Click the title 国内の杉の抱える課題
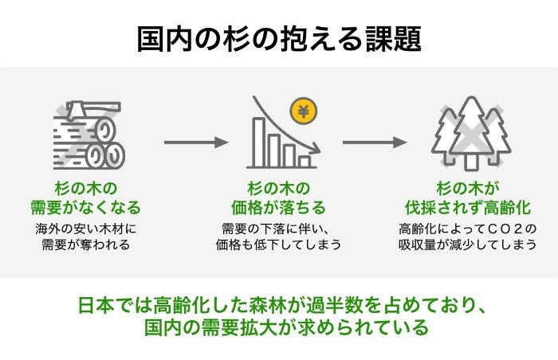pyautogui.click(x=278, y=37)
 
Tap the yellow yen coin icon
pyautogui.click(x=302, y=112)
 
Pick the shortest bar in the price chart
pyautogui.click(x=305, y=160)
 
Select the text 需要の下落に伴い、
pyautogui.click(x=278, y=229)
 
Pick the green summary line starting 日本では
pyautogui.click(x=278, y=304)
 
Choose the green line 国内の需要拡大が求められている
pyautogui.click(x=278, y=328)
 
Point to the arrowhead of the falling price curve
pyautogui.click(x=316, y=148)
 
